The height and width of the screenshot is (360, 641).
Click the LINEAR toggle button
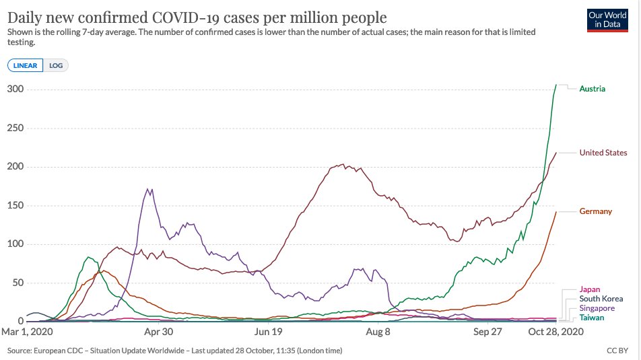pos(25,65)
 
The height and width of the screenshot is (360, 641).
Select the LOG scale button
pos(56,65)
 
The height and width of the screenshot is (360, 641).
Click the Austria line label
pos(592,89)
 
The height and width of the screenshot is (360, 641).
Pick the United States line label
pos(603,153)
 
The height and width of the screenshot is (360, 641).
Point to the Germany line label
pos(595,211)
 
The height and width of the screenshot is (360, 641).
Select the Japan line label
pos(590,290)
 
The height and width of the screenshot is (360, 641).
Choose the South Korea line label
pos(601,299)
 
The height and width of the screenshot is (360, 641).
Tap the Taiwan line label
pos(591,317)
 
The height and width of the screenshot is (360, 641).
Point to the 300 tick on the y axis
pos(15,89)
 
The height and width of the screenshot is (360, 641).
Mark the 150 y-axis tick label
pos(15,206)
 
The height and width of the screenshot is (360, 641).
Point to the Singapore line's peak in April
pos(149,190)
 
